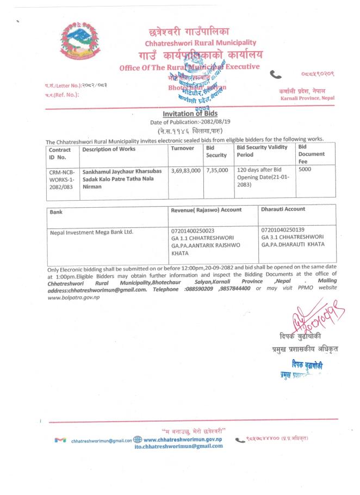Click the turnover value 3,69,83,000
coord(185,170)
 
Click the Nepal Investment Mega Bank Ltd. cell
coord(91,232)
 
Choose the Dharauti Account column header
coord(283,209)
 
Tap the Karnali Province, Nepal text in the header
coord(307,98)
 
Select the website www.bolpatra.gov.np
coord(73,297)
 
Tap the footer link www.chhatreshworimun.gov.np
coord(182,439)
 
